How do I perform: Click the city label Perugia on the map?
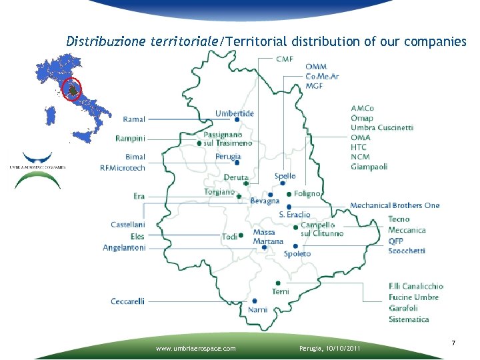click(228, 157)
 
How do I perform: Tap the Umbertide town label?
click(234, 113)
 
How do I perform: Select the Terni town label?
click(280, 291)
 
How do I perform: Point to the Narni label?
click(257, 309)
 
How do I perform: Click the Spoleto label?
click(297, 254)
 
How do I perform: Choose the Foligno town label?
click(307, 193)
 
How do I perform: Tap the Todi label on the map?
click(229, 237)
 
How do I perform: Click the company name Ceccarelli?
click(127, 301)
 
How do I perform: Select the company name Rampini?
click(130, 138)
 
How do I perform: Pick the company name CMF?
click(284, 59)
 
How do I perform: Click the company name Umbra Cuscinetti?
click(382, 127)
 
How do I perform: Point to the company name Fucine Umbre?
click(413, 297)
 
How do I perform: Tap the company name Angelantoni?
click(124, 247)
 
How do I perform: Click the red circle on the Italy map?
click(72, 88)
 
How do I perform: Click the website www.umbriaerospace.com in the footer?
click(195, 348)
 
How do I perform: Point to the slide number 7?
click(453, 343)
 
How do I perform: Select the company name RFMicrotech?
click(122, 168)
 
